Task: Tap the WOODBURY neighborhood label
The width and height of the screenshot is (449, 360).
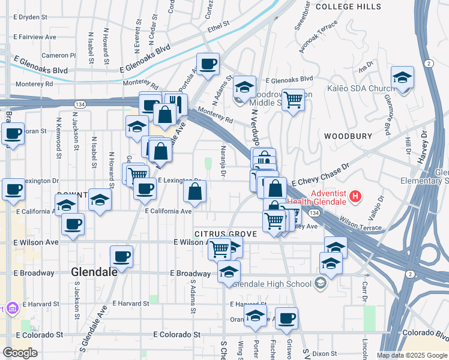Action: tap(348, 136)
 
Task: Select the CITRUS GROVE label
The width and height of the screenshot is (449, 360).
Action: tap(226, 233)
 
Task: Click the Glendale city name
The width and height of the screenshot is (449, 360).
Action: tap(94, 272)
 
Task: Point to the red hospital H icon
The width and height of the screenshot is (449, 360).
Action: tap(355, 196)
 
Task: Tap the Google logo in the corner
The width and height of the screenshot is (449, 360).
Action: tap(20, 352)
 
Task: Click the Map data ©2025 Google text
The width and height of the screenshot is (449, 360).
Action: tap(412, 355)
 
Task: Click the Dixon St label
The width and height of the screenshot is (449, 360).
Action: tap(324, 354)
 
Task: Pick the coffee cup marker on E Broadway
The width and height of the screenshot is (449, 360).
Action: tap(121, 256)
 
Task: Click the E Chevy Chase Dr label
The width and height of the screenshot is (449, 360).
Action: tap(320, 174)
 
